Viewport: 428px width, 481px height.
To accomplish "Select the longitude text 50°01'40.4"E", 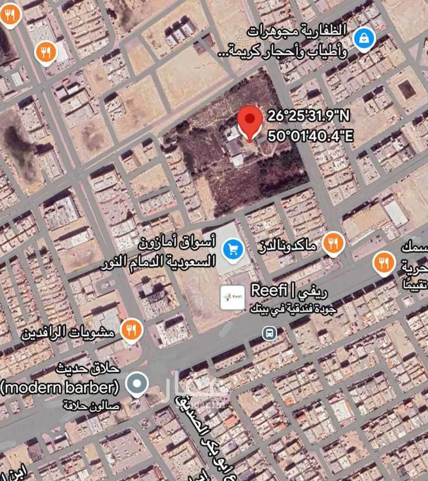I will pos(309,137).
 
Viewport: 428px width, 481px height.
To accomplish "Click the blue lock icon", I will pos(362,39).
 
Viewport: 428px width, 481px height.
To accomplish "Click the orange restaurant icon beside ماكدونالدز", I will pos(332,244).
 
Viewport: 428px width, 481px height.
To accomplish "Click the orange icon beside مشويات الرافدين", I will pos(132,329).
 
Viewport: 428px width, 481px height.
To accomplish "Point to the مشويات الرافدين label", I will pos(68,331).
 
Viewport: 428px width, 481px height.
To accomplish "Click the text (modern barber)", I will pos(59,388).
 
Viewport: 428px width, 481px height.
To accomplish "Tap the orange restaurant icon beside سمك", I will pos(384,263).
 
